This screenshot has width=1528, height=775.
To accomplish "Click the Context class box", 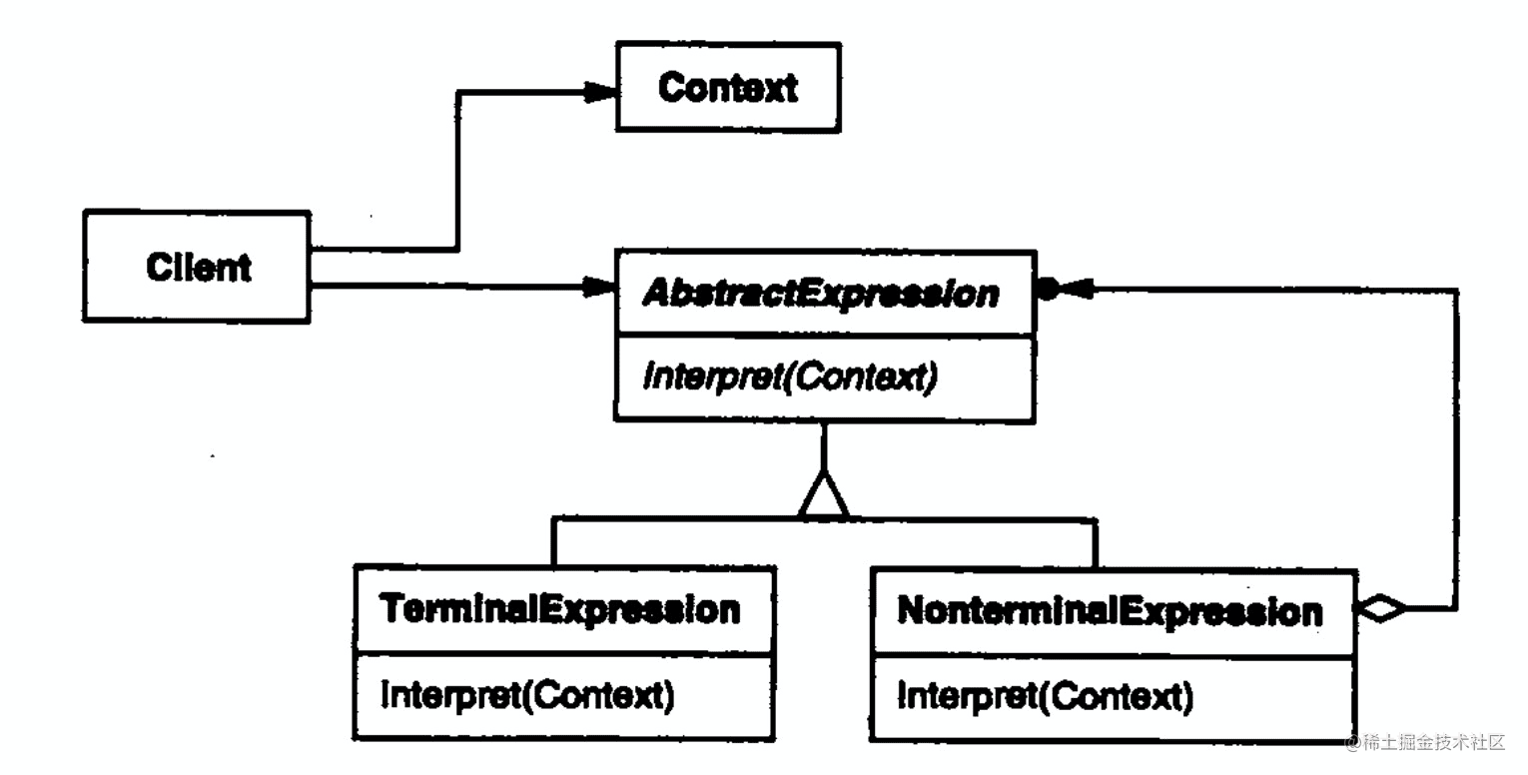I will (x=727, y=87).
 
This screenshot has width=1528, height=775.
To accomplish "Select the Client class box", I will (x=197, y=267).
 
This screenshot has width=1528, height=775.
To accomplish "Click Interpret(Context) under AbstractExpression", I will (x=790, y=378).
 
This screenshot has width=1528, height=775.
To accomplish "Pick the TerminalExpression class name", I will (x=562, y=609).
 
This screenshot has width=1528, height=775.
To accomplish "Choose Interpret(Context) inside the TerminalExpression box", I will (x=527, y=694).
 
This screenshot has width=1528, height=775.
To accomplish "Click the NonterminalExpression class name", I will (x=1110, y=610).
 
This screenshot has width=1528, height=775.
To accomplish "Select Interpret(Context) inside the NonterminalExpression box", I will (x=1045, y=695).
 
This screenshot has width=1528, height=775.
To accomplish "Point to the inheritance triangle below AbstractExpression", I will (x=823, y=496).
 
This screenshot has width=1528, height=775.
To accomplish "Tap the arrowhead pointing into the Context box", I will (x=600, y=93).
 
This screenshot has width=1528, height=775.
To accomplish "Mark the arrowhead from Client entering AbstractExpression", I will (x=598, y=288).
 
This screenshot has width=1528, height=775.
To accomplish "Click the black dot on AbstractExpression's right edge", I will (x=1047, y=290).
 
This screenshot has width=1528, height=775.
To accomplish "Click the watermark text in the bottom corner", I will (x=1429, y=742).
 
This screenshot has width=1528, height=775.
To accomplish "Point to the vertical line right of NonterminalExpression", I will (x=1456, y=449).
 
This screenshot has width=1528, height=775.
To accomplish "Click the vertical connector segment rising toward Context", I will (x=457, y=170).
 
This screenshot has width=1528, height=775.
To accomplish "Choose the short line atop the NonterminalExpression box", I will (x=1096, y=543).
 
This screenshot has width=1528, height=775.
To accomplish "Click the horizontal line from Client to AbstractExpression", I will (x=449, y=288).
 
